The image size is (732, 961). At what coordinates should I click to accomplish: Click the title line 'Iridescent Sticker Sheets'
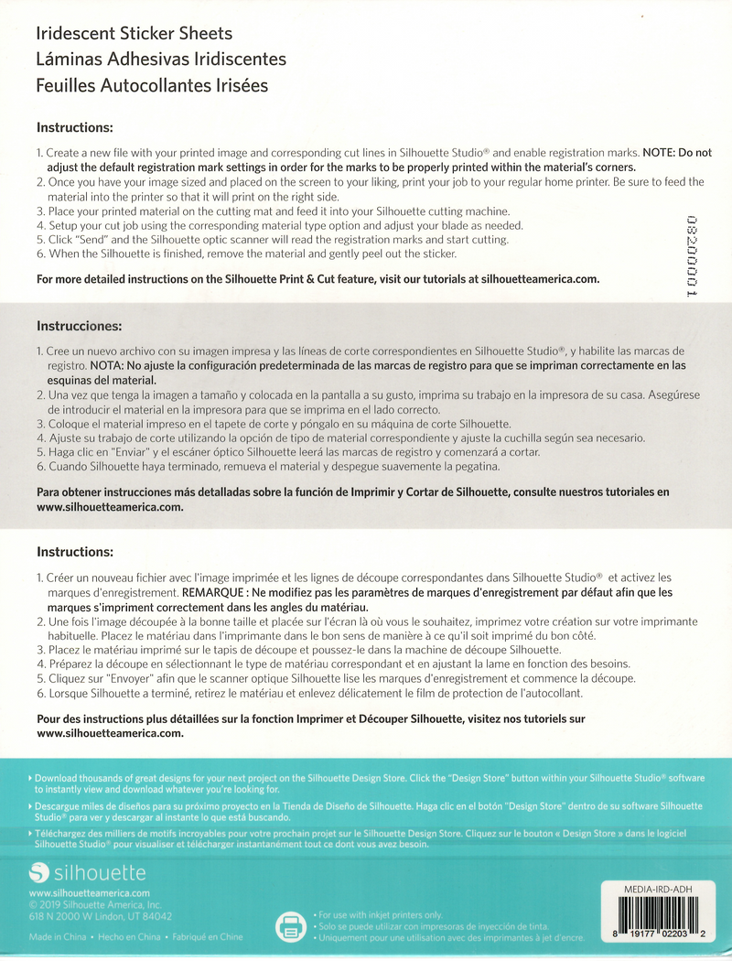click(x=134, y=34)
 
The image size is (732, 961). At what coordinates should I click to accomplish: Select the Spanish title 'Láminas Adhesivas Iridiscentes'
click(x=161, y=59)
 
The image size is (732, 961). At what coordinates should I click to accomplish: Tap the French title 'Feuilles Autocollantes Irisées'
click(x=152, y=86)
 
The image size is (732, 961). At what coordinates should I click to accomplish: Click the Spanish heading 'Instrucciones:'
click(x=79, y=326)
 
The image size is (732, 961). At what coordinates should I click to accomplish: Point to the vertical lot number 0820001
click(x=692, y=256)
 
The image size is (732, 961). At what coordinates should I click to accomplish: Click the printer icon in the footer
click(x=291, y=926)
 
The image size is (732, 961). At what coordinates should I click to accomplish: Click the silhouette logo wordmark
click(x=100, y=871)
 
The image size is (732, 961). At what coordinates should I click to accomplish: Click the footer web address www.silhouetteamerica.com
click(x=89, y=892)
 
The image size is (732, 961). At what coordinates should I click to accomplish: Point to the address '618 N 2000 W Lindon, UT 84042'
click(x=100, y=915)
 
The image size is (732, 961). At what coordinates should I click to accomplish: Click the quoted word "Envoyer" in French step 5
click(x=128, y=678)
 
